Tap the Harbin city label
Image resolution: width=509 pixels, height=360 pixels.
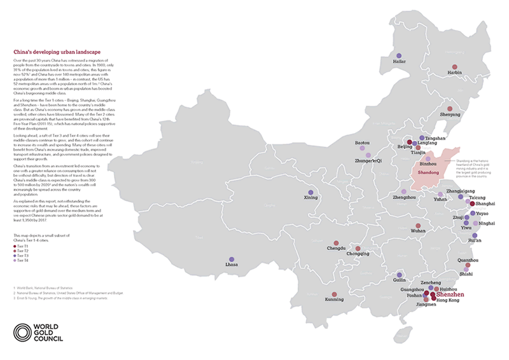coord(454,73)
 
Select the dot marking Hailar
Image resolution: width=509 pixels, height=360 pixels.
coord(399,56)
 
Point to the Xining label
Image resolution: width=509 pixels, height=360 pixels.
coord(310,198)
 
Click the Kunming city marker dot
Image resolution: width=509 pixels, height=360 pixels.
coord(335,294)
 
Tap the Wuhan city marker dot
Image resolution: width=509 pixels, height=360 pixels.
coord(417,226)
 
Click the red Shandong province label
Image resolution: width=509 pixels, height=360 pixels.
coord(428,172)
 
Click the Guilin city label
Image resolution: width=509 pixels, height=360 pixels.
coord(399,279)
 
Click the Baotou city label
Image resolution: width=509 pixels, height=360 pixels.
coord(363,144)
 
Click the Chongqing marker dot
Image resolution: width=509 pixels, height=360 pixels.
coord(358,249)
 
